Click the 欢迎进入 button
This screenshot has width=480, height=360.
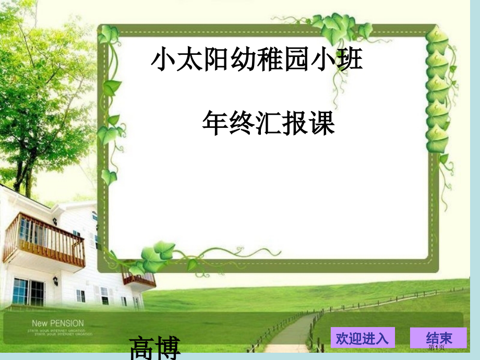(363, 338)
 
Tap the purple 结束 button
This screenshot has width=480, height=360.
(438, 338)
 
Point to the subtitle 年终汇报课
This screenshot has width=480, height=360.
(268, 123)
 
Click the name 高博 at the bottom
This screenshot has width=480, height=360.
(155, 348)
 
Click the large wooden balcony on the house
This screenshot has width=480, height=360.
(44, 240)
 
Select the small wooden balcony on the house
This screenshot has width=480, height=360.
(139, 279)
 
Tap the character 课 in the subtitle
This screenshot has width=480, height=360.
(321, 123)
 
